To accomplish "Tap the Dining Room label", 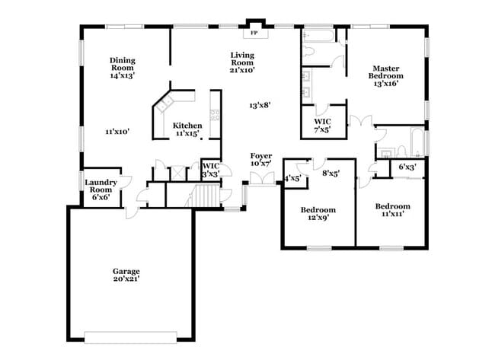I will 122,68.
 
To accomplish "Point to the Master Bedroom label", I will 386,75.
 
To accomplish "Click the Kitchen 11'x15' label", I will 187,129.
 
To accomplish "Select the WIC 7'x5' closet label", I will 322,125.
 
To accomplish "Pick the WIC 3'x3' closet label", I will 210,170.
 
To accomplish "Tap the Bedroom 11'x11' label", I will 392,209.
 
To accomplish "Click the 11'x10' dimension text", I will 117,132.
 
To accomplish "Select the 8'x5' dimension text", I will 331,173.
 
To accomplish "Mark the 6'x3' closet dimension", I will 407,167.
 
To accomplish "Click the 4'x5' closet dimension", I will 292,178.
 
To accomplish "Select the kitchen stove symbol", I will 216,116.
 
